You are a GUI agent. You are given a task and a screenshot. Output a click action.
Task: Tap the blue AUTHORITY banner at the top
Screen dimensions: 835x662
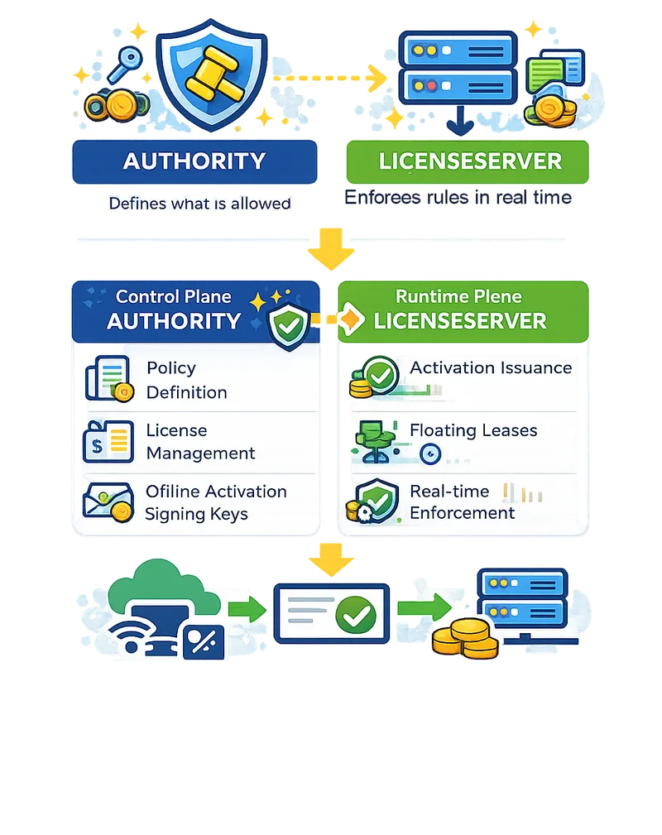194,161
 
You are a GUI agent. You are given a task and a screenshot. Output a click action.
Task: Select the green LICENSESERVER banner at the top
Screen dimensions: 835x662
468,161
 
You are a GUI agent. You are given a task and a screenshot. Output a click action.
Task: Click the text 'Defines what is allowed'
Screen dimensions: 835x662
199,203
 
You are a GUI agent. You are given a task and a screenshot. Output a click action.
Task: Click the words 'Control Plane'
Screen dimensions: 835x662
174,296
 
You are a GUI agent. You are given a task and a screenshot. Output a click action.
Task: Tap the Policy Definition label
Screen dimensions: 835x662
186,380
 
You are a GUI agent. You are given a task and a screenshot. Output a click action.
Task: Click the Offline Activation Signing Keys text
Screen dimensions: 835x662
215,502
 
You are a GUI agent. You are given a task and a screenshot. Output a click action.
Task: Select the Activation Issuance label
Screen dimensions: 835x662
491,367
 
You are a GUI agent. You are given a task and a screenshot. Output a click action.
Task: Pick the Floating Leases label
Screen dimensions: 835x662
473,430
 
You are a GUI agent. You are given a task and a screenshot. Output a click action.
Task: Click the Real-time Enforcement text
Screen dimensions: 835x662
462,502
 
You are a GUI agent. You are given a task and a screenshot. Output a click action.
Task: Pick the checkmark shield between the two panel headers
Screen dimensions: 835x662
289,324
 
